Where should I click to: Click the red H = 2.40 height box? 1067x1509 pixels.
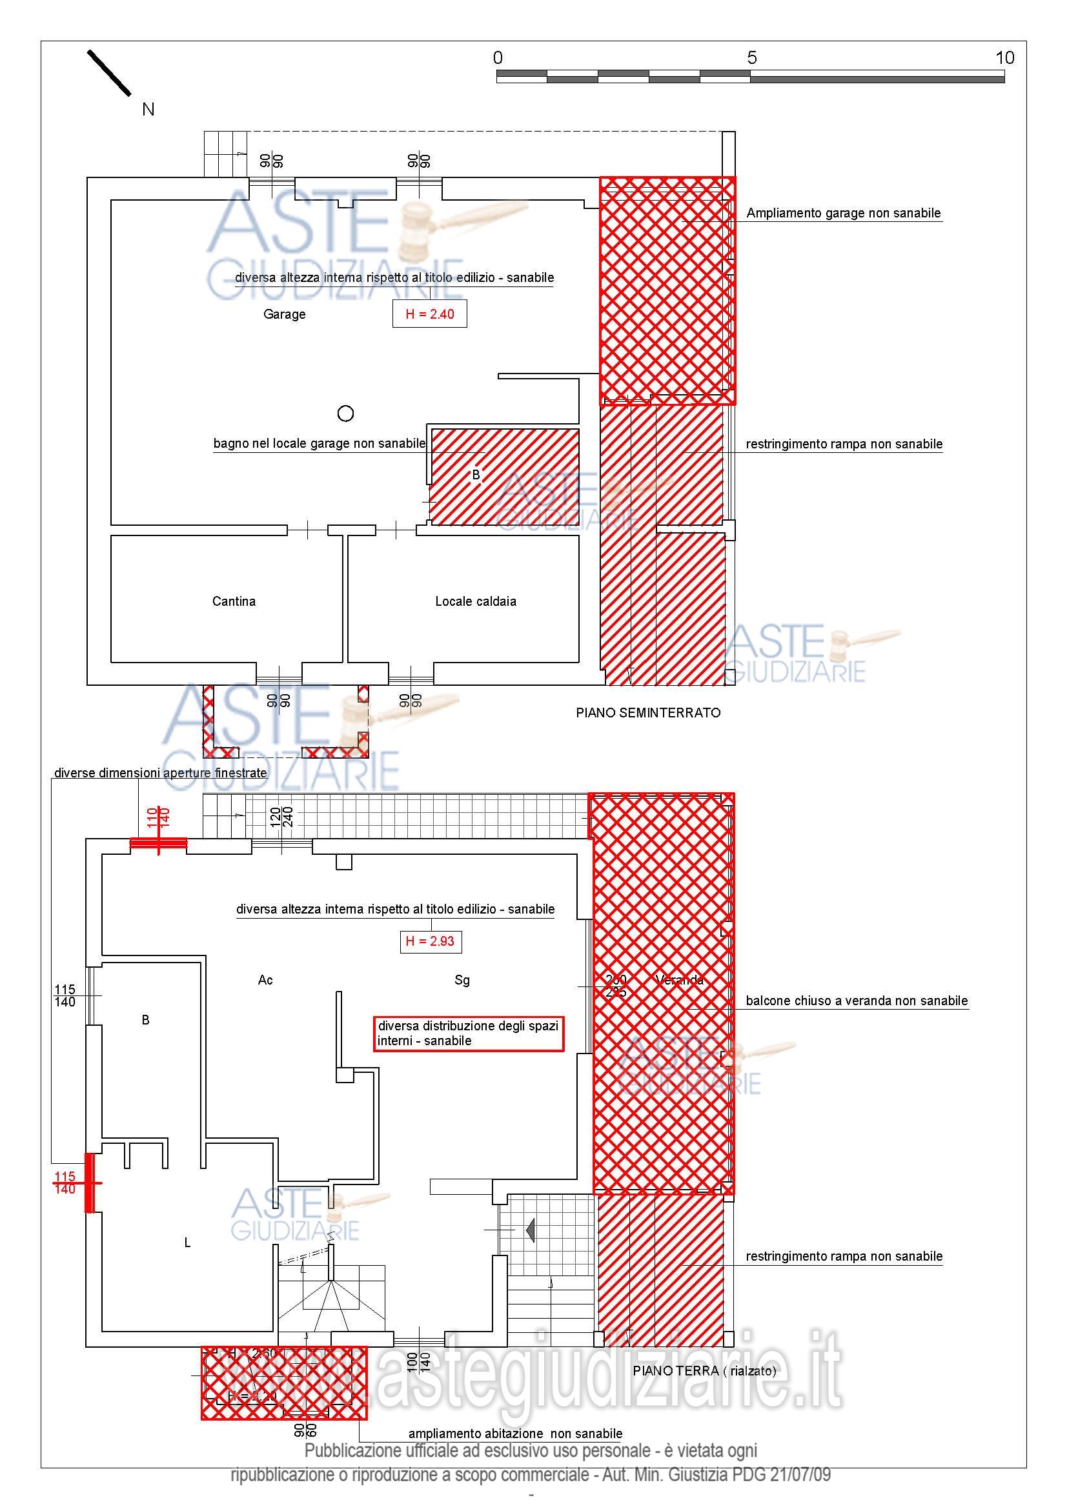pos(429,314)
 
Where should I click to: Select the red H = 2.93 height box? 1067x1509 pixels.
pos(430,941)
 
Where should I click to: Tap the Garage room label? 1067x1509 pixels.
pos(284,314)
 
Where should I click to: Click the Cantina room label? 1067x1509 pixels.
pos(234,601)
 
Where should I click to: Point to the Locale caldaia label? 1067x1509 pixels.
pos(475,601)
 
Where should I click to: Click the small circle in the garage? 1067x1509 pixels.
pos(345,414)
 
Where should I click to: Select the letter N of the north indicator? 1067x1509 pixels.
pos(148,110)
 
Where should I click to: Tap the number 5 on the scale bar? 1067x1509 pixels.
pos(751,58)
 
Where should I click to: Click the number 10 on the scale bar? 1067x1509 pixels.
pos(1004,58)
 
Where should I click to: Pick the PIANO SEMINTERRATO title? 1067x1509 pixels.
pos(647,713)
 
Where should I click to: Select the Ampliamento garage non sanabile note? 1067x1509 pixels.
pos(843,213)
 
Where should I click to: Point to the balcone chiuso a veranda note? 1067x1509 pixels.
pos(856,1001)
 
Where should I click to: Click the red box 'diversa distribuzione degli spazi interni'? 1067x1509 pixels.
pos(468,1033)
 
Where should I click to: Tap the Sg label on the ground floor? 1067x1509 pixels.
pos(462,980)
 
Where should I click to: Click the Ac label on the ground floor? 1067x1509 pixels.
pos(265,980)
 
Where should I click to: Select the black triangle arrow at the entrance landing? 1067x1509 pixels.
pos(529,1230)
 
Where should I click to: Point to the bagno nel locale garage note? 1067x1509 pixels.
pos(319,444)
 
